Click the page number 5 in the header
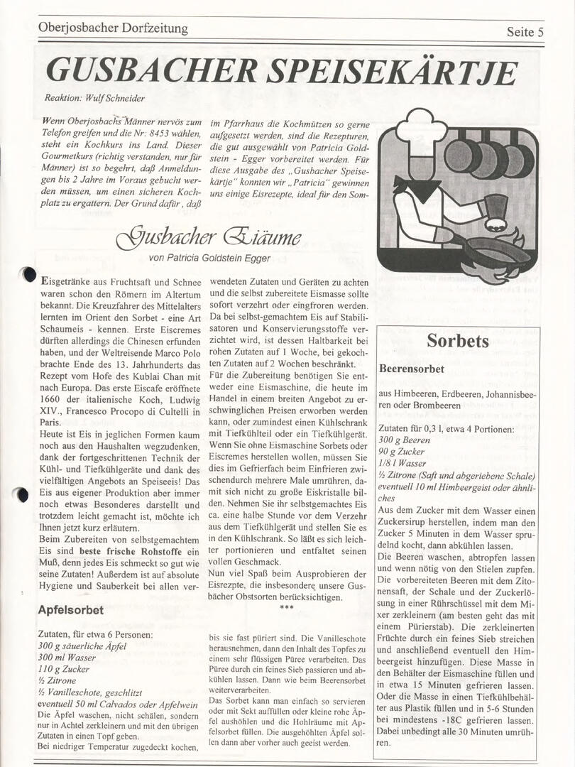(541, 32)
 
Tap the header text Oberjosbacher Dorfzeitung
(113, 28)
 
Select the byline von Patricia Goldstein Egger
(209, 258)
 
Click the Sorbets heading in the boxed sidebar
(457, 342)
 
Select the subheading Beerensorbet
(412, 369)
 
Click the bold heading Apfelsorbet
(70, 610)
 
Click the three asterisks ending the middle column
(287, 608)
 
